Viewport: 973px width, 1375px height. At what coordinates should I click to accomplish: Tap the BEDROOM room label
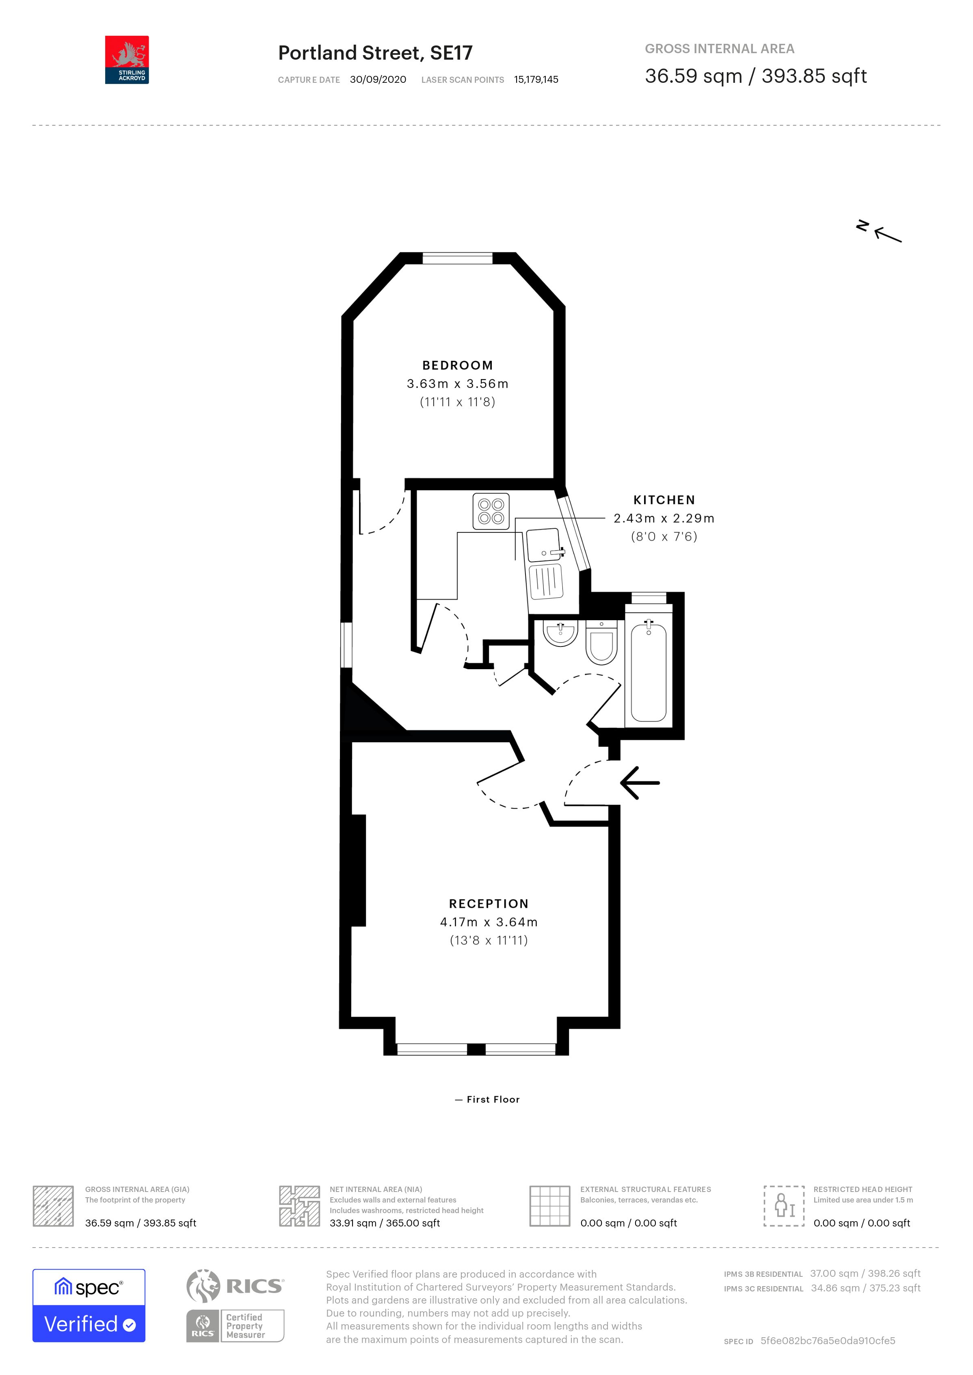pos(457,365)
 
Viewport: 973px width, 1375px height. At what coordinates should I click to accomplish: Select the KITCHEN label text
pos(664,500)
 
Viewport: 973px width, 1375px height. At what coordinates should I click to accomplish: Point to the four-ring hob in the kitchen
pos(491,511)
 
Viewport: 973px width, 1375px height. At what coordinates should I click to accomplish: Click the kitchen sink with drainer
pos(544,563)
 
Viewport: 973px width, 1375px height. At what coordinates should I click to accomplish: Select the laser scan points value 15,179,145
pos(536,80)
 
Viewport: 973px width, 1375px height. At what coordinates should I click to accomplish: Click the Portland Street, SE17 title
pos(375,53)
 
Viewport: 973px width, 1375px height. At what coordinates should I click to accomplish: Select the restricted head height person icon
pos(783,1205)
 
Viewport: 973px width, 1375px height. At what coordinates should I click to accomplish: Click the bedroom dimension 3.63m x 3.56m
pos(457,384)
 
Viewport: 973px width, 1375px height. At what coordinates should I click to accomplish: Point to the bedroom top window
pos(457,259)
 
